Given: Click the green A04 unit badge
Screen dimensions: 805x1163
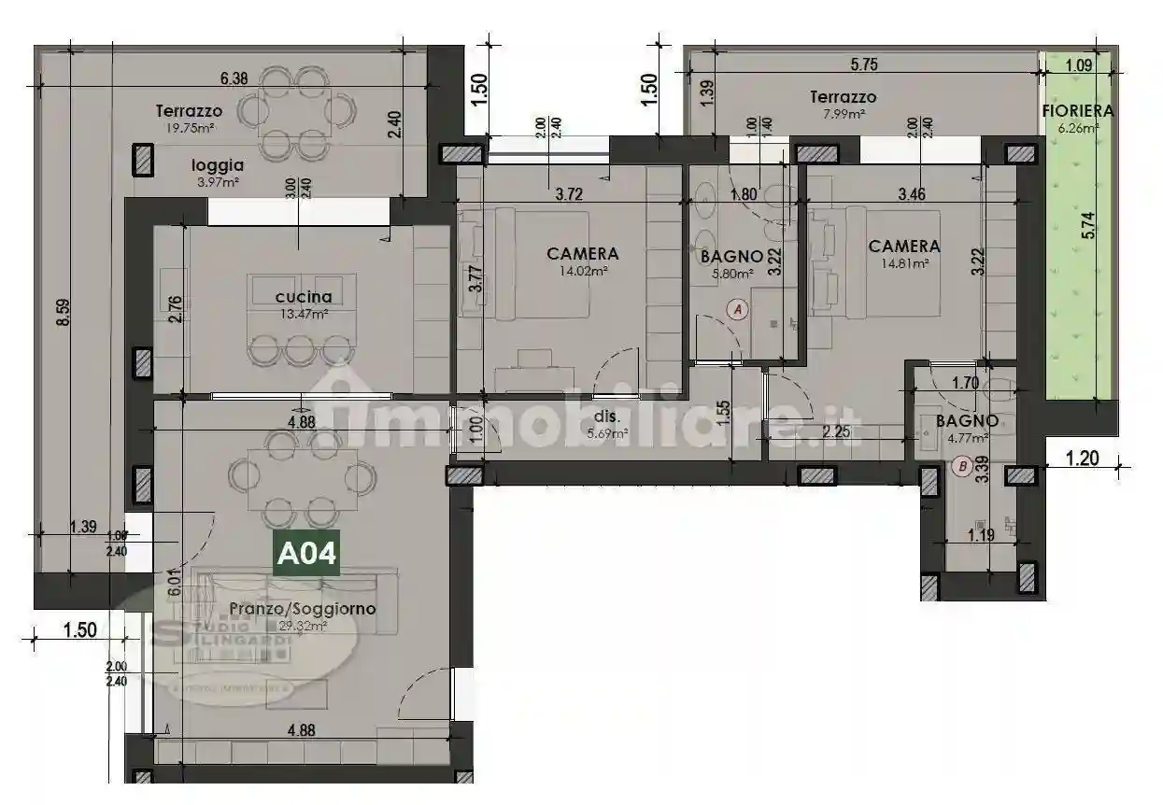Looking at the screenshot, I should tap(306, 554).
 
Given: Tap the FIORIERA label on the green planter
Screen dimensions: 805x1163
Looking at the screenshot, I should tap(1077, 110).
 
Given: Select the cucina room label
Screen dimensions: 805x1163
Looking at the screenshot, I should tap(304, 297).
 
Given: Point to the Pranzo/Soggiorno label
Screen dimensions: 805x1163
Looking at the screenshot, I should tap(303, 609).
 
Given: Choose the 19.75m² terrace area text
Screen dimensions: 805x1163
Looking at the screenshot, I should tap(189, 129).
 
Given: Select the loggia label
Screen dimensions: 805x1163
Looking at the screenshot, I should tap(218, 164).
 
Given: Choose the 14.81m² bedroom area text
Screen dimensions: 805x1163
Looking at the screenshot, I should tap(904, 264).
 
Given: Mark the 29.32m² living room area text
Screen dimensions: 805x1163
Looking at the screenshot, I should tap(302, 627).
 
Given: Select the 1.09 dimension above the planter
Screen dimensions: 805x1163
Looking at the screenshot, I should tap(1079, 65).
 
